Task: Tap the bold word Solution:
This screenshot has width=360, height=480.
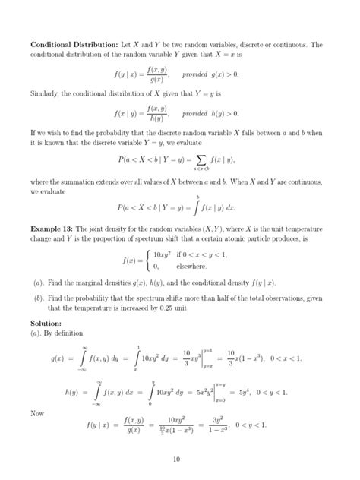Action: coord(46,322)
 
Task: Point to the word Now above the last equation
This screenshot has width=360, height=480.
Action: coord(37,413)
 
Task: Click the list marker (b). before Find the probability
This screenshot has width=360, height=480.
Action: coord(39,299)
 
